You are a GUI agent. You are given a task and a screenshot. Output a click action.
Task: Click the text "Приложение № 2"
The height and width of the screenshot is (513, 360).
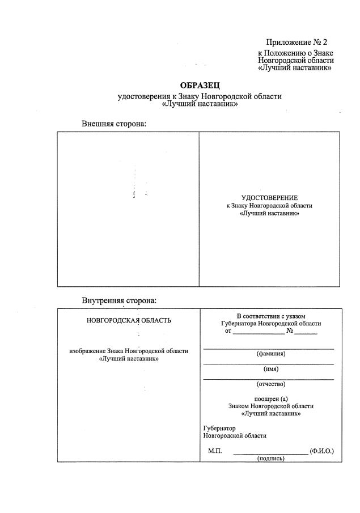[297, 43]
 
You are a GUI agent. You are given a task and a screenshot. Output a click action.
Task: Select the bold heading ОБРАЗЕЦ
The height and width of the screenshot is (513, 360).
[199, 85]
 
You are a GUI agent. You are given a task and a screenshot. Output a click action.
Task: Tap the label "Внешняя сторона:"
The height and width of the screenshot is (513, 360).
[114, 123]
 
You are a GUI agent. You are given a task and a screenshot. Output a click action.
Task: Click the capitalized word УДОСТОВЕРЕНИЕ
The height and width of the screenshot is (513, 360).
[269, 197]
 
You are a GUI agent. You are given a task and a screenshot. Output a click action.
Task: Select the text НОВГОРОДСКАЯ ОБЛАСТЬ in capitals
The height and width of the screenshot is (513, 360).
[128, 320]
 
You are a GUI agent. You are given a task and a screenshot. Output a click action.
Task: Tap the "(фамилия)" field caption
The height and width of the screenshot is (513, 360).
[270, 354]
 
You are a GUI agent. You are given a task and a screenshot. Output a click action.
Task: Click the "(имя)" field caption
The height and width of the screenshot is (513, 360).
[270, 369]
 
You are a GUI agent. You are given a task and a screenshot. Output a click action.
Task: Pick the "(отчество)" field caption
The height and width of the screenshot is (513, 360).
[270, 384]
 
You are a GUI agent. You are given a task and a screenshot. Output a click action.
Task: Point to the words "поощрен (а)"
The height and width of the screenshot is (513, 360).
[270, 398]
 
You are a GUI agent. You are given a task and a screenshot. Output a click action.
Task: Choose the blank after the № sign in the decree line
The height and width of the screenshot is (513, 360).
[306, 332]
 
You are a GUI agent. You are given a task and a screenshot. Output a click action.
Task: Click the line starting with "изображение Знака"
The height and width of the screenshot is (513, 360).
[128, 351]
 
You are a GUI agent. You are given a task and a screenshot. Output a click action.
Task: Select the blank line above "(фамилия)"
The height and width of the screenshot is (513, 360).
[268, 348]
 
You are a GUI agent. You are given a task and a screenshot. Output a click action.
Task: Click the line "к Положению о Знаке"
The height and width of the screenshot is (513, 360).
[295, 53]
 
